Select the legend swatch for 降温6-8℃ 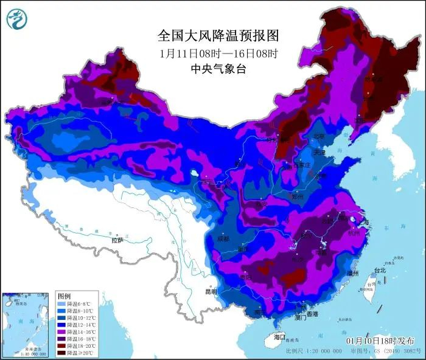pyautogui.click(x=61, y=303)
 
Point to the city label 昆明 pyautogui.click(x=211, y=292)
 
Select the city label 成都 pyautogui.click(x=223, y=239)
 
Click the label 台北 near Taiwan pyautogui.click(x=380, y=270)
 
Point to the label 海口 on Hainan pyautogui.click(x=279, y=336)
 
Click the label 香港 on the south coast pyautogui.click(x=312, y=314)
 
